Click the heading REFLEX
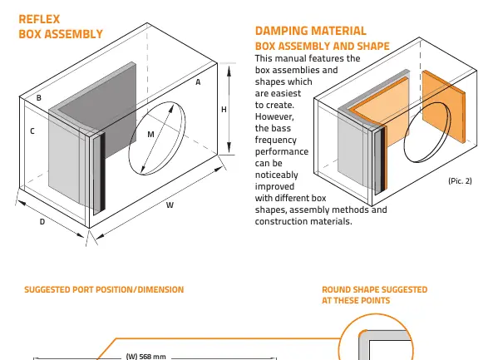[39, 19]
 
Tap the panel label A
[198, 82]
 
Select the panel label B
[39, 98]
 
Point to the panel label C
[32, 131]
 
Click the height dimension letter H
[224, 110]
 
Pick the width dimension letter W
[170, 205]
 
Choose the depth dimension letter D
[42, 222]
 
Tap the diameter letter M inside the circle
[151, 135]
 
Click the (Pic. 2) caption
[460, 180]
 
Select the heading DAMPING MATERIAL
[311, 31]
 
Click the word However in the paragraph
[274, 116]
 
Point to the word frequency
[276, 140]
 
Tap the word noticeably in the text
[276, 175]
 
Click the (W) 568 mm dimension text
[145, 356]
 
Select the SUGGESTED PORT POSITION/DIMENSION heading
[104, 289]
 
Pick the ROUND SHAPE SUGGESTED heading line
[374, 289]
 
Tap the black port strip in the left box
[102, 171]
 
